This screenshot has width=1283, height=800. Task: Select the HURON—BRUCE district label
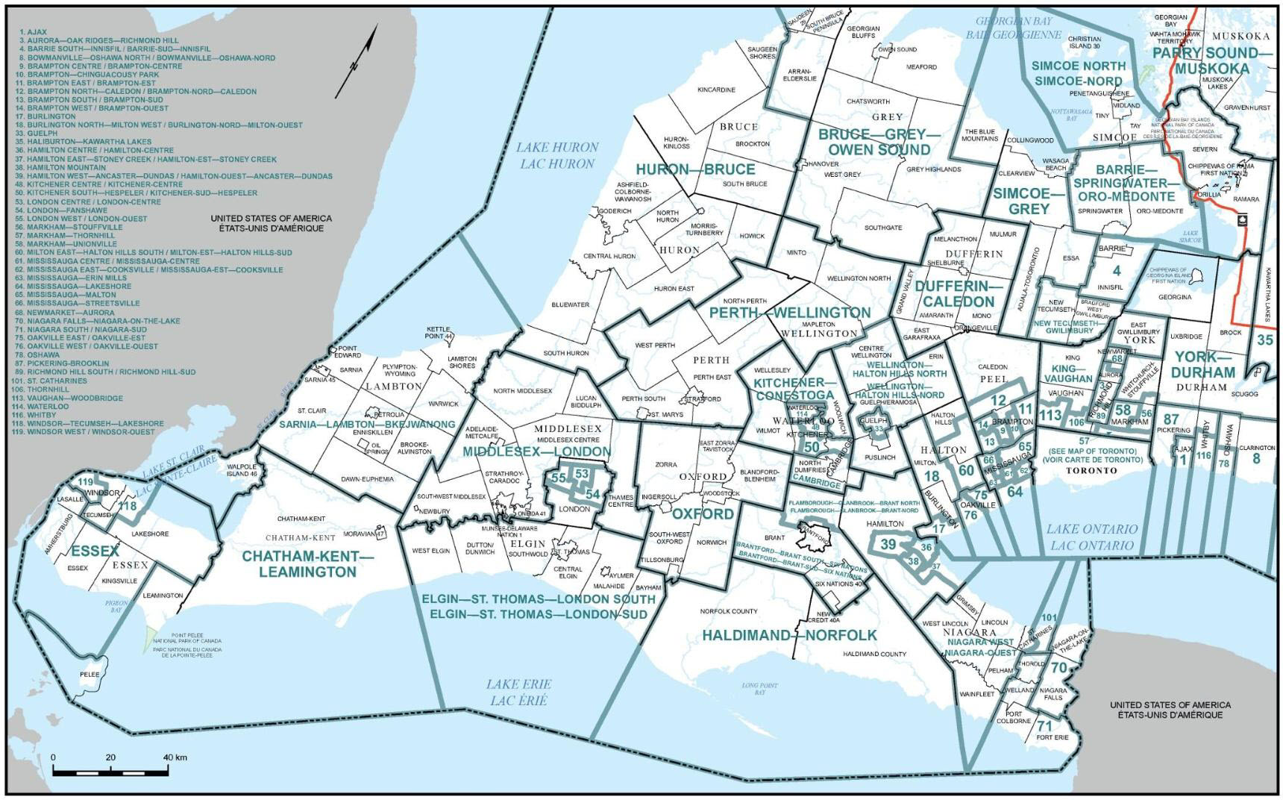pos(695,169)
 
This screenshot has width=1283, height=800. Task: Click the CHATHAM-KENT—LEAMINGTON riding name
pos(308,564)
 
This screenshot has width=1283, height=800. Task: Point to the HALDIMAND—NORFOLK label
pos(789,635)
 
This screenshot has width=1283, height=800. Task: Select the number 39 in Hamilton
pos(888,545)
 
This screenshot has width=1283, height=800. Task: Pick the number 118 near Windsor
pos(128,507)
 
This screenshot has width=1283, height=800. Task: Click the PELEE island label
pos(90,675)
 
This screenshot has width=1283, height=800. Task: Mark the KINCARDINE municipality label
pos(716,90)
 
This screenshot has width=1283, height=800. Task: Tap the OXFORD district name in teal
pos(703,514)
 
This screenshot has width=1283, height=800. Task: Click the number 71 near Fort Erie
pos(1044,726)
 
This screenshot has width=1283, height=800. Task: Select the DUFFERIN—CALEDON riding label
pos(958,294)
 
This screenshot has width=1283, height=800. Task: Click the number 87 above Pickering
pos(1171,419)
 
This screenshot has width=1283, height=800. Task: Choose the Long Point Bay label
pos(759,688)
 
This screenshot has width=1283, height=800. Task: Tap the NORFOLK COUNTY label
pos(728,611)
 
